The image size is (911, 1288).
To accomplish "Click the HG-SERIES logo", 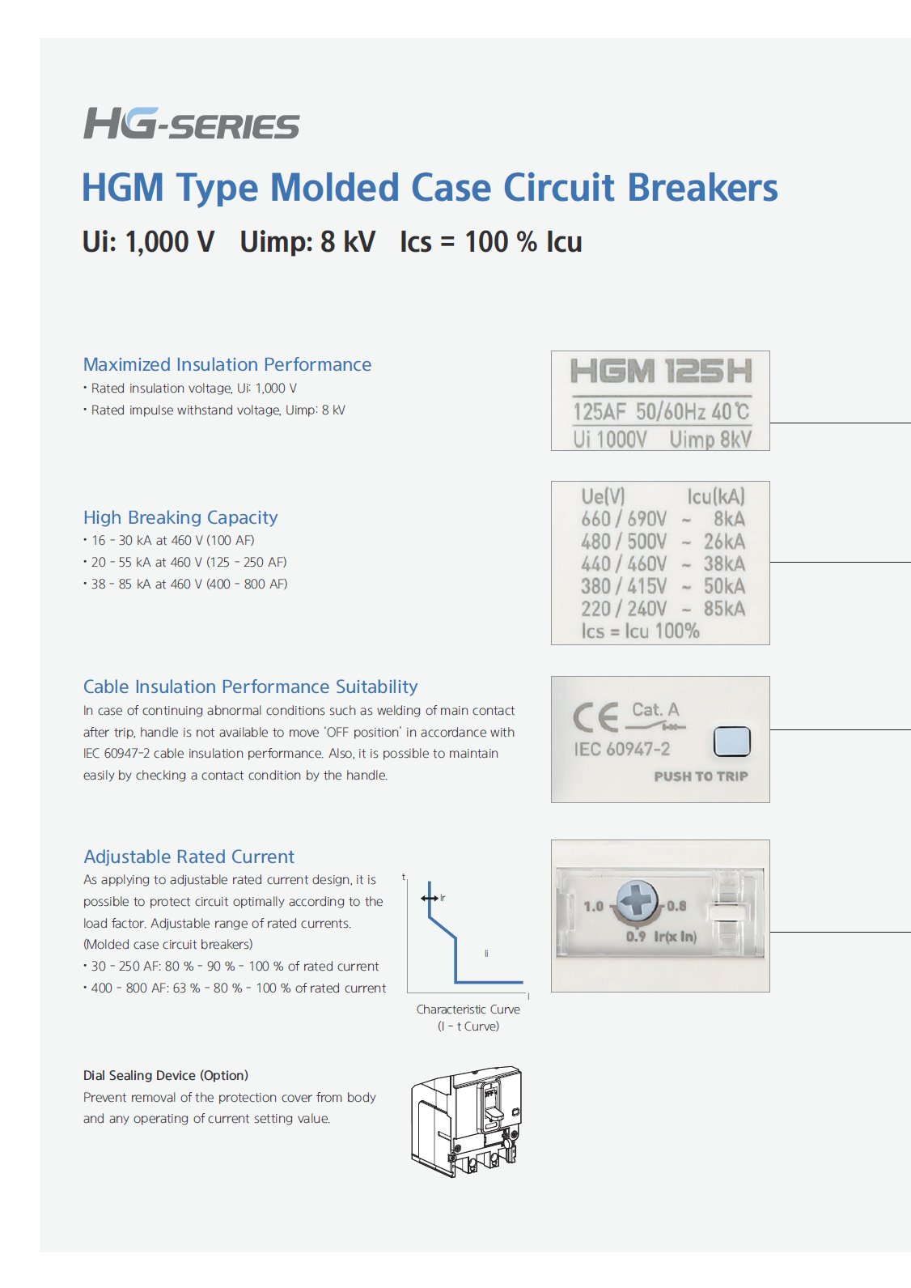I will coord(192,124).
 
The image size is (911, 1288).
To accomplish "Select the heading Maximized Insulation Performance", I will coord(227,364).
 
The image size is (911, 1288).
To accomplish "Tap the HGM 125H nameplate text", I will coord(660,372).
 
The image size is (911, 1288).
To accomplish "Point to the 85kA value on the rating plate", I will coord(724,609).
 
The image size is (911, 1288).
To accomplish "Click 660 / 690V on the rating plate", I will coord(624,519).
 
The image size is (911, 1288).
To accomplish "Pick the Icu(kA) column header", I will coord(715,496).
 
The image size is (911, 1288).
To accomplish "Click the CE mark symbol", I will coord(595,717).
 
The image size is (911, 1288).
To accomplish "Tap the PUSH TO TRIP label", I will coord(701,776).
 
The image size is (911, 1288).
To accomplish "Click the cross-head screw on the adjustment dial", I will coord(638,901).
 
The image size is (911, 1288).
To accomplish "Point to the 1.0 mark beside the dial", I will coord(594,907).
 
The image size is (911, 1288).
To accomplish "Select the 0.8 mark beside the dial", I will coord(676,906).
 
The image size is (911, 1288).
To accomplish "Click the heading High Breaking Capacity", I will coord(180,517).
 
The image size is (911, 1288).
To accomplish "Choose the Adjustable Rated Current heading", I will coord(189,857).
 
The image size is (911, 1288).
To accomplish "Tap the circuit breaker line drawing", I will coord(467,1120).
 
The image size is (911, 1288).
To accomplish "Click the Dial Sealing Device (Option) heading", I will coord(166,1075).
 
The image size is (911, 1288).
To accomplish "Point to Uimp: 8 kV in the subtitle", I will coord(307,242).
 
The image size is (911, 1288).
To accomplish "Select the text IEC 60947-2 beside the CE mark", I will coord(622,750).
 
